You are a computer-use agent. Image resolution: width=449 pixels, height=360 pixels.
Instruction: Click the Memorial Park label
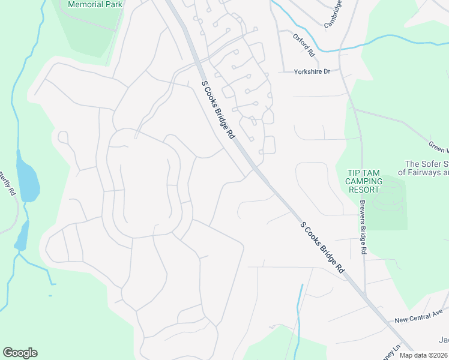tap(95, 4)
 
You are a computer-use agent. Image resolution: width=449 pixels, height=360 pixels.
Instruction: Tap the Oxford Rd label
tap(304, 44)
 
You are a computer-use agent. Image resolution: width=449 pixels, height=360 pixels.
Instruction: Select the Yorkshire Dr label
tap(312, 71)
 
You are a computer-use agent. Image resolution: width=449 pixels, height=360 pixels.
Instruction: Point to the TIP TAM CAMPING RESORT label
tap(364, 181)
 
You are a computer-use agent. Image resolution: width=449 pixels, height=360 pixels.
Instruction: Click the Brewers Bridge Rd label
tap(363, 227)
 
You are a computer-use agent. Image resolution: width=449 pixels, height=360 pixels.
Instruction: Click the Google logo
tap(20, 353)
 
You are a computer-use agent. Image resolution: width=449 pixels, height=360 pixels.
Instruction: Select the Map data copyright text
tap(424, 355)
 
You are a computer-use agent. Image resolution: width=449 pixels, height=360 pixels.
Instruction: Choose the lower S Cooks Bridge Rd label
tap(322, 247)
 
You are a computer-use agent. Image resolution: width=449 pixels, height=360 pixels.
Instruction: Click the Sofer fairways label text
tap(427, 168)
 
